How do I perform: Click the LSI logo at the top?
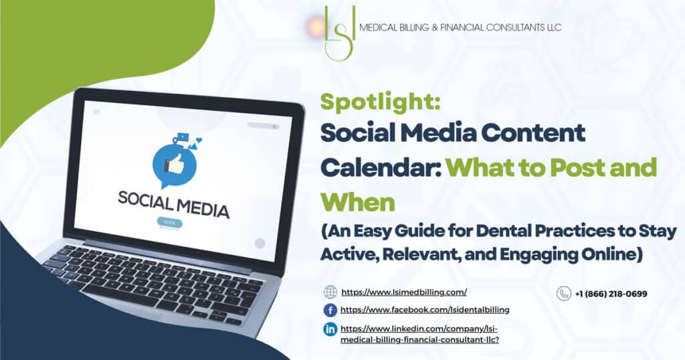[x=340, y=33]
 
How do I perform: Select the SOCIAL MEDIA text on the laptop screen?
[x=173, y=203]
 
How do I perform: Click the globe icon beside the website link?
[x=330, y=292]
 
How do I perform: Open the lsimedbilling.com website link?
[x=404, y=292]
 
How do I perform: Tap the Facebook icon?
[x=330, y=310]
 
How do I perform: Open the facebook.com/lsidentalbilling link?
[x=425, y=310]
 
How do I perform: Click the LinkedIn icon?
[x=330, y=329]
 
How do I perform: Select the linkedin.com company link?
[x=420, y=334]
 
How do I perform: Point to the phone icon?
[x=564, y=294]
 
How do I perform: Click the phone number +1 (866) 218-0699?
[x=611, y=294]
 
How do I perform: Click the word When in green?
[x=358, y=202]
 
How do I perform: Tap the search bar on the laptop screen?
[x=264, y=126]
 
